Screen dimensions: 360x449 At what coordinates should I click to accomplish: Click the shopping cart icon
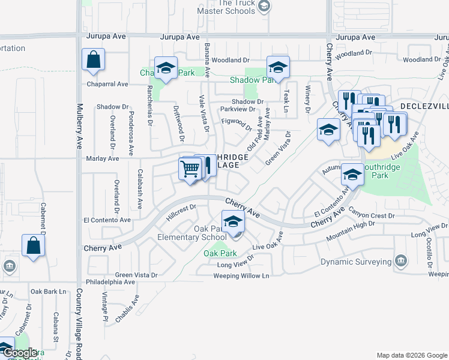[x=190, y=169]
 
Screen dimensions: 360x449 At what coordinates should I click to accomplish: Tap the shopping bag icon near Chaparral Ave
[x=93, y=61]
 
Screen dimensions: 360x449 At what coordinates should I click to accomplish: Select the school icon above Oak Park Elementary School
[x=233, y=223]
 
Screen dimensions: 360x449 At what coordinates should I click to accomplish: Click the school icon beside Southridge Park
[x=352, y=175]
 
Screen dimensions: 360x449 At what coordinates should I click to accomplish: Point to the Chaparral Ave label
[x=107, y=85]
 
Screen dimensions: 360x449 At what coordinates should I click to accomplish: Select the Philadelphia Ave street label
[x=111, y=281]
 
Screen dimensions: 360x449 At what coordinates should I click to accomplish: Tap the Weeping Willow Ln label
[x=242, y=276]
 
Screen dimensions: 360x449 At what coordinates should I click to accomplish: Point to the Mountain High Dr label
[x=351, y=231]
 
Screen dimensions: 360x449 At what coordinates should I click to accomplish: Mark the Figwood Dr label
[x=237, y=124]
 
